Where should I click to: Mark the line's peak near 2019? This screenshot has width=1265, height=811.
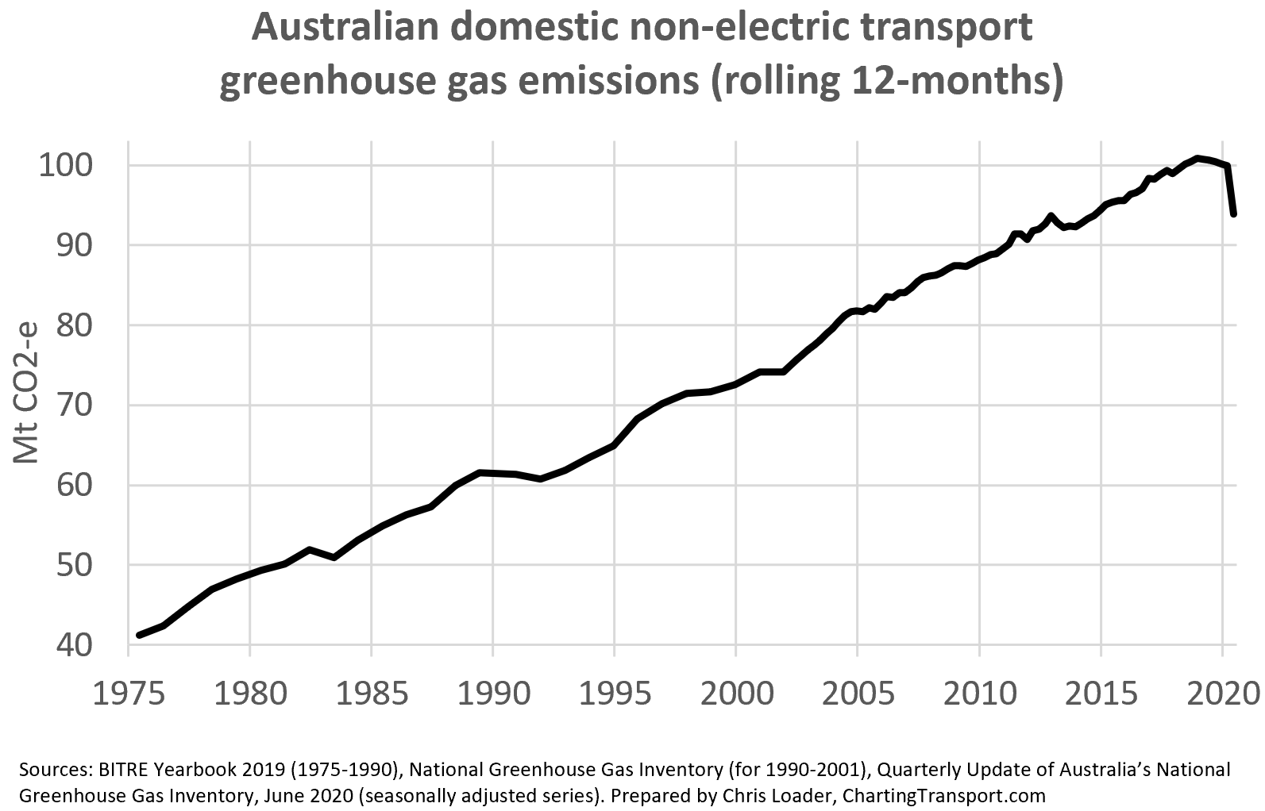[1198, 159]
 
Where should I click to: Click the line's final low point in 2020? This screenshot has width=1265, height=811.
[1234, 213]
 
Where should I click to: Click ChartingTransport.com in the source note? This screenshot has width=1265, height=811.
[943, 795]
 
